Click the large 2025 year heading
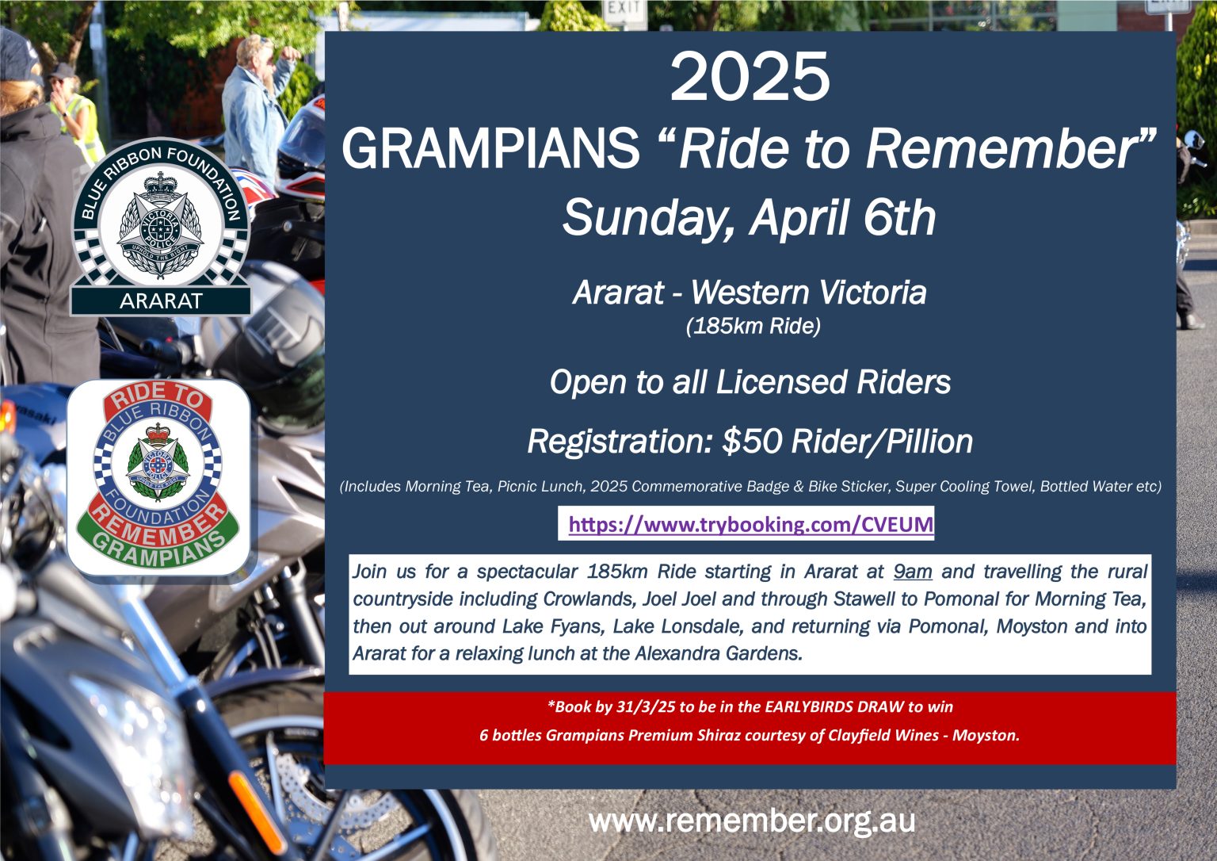750,78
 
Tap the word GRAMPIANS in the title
490,148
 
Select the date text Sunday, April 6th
749,217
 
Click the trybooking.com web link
750,524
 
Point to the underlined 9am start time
912,572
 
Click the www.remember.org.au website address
752,821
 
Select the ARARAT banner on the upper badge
161,301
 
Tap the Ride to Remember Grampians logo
159,477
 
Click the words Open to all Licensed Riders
750,382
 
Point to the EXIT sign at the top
623,8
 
